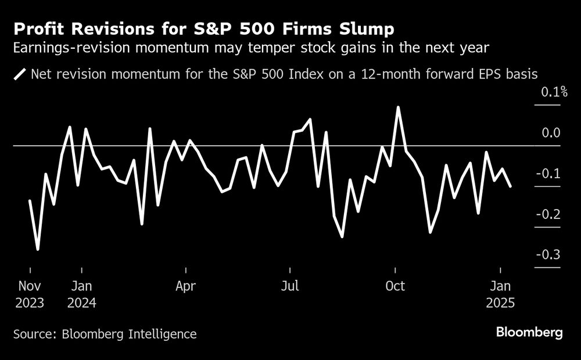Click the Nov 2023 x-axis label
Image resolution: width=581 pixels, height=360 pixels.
point(30,294)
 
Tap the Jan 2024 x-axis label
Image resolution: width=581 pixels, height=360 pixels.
point(82,294)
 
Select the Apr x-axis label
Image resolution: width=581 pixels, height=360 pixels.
point(186,286)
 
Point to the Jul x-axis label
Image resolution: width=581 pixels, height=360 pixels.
point(290,286)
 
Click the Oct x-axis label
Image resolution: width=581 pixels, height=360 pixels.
point(395,286)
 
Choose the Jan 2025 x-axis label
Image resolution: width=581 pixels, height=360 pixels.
point(501,294)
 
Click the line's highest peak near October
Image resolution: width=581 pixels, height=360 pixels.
point(398,107)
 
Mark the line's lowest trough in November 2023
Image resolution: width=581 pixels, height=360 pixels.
point(38,249)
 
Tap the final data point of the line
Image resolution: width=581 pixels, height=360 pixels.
point(511,186)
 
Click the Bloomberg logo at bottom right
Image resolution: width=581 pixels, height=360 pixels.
point(529,333)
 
